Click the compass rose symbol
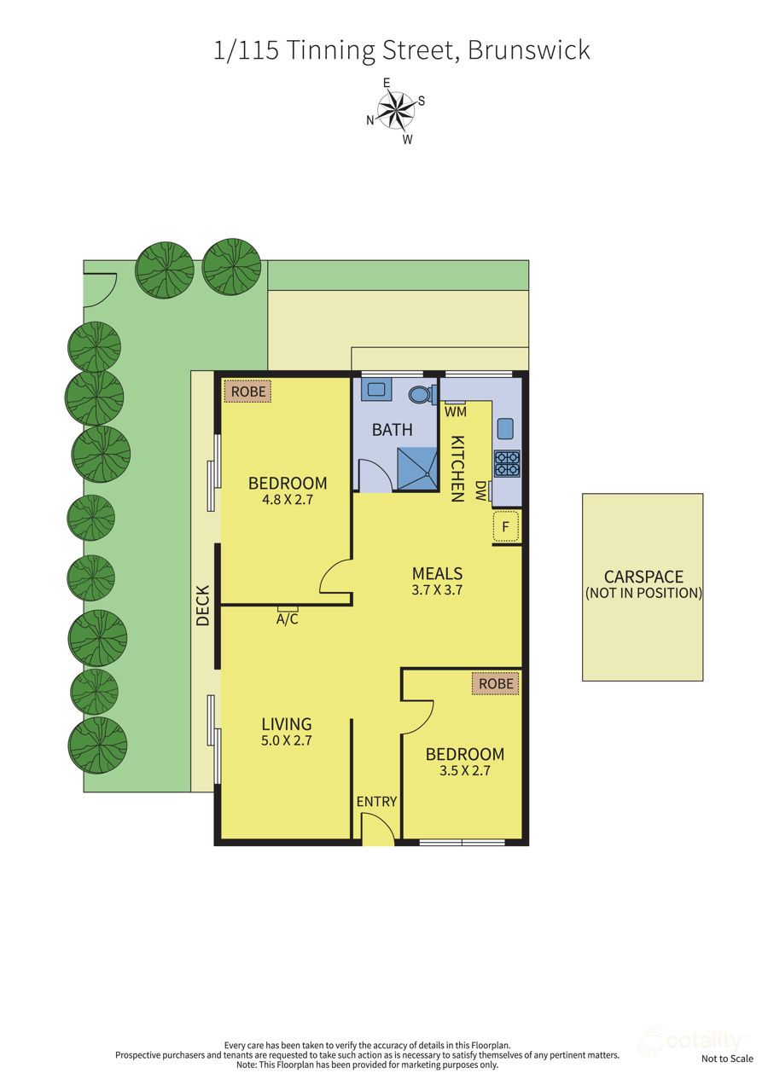(x=395, y=111)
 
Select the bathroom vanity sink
(x=376, y=391)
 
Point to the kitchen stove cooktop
(x=507, y=464)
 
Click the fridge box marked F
(x=505, y=527)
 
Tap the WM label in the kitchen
(x=455, y=411)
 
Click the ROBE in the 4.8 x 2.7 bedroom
(x=247, y=392)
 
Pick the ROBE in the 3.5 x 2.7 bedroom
(x=496, y=683)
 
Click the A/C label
(x=288, y=619)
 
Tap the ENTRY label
(x=376, y=801)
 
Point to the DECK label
(x=203, y=606)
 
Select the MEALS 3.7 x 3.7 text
(x=437, y=580)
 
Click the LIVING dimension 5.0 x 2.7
(x=287, y=741)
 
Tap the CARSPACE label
(x=643, y=577)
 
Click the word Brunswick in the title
(x=529, y=49)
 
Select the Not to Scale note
(x=727, y=1059)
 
